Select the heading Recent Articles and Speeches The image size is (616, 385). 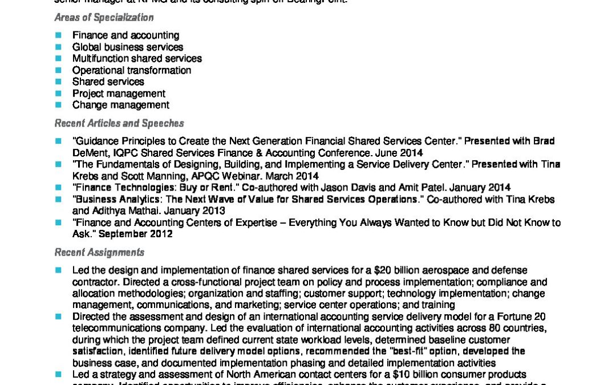pos(119,123)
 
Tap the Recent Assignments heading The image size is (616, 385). pos(99,252)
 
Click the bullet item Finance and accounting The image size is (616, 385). pos(125,35)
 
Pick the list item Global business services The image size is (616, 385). pos(127,47)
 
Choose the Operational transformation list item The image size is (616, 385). pos(131,70)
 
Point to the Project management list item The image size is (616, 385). pos(119,94)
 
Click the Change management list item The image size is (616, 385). pos(120,105)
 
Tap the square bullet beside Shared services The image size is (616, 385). pos(58,82)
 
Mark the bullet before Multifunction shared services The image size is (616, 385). pos(58,59)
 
